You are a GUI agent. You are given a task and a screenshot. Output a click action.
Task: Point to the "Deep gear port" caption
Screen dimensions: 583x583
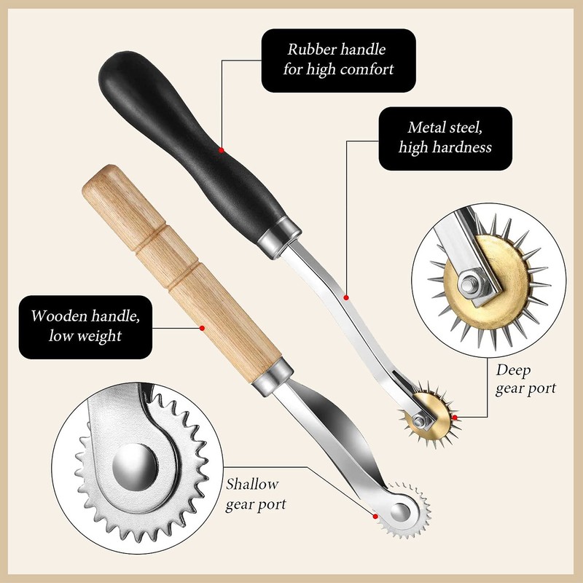click(x=525, y=378)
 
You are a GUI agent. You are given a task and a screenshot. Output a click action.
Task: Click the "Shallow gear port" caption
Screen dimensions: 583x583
click(x=256, y=493)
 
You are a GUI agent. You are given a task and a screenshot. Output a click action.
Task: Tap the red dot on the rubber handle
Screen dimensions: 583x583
click(x=221, y=150)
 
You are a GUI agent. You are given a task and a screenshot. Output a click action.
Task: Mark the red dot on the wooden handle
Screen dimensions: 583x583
click(x=201, y=329)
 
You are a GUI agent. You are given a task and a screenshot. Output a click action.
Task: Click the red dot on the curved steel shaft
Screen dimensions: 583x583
click(x=346, y=297)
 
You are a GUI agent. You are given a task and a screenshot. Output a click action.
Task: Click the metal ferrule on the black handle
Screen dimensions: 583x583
click(x=281, y=233)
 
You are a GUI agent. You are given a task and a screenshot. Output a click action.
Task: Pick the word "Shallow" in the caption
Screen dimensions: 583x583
click(x=251, y=483)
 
